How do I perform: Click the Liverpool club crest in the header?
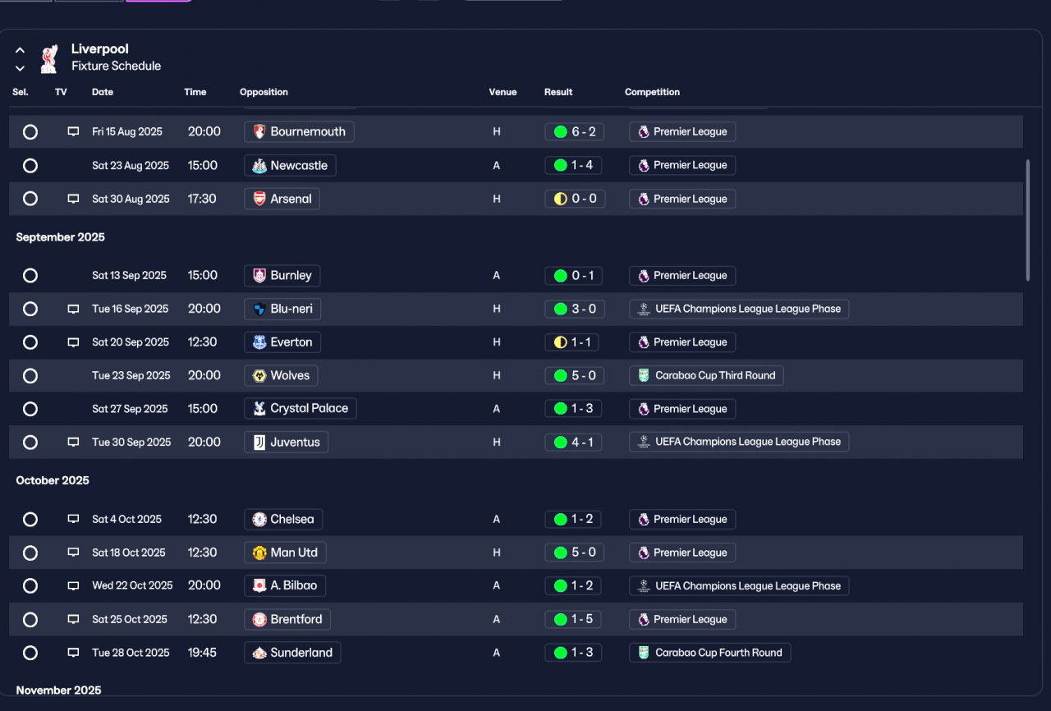(49, 58)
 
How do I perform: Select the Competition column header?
(652, 92)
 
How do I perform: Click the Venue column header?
(503, 92)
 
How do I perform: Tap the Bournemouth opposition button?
(299, 132)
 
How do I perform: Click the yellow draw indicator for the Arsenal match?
(560, 199)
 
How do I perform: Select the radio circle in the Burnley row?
(30, 275)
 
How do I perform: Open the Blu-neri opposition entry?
(282, 309)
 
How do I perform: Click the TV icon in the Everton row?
(73, 342)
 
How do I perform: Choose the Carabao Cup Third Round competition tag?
(706, 376)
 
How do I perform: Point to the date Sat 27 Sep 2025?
(130, 409)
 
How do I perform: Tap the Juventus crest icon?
(259, 443)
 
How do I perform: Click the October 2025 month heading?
(53, 480)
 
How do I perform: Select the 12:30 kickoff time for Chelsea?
(202, 519)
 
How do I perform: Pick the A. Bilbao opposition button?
(285, 585)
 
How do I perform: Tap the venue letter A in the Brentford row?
(497, 620)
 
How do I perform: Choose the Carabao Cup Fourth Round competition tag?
(710, 653)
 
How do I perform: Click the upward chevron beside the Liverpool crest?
(20, 50)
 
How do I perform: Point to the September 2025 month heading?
(61, 237)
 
